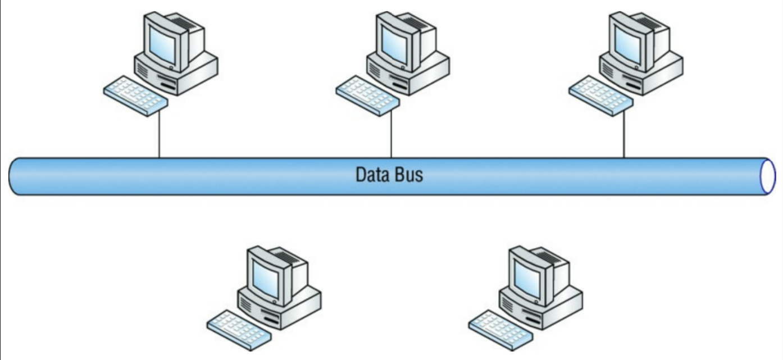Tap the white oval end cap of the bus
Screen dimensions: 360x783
click(767, 176)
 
